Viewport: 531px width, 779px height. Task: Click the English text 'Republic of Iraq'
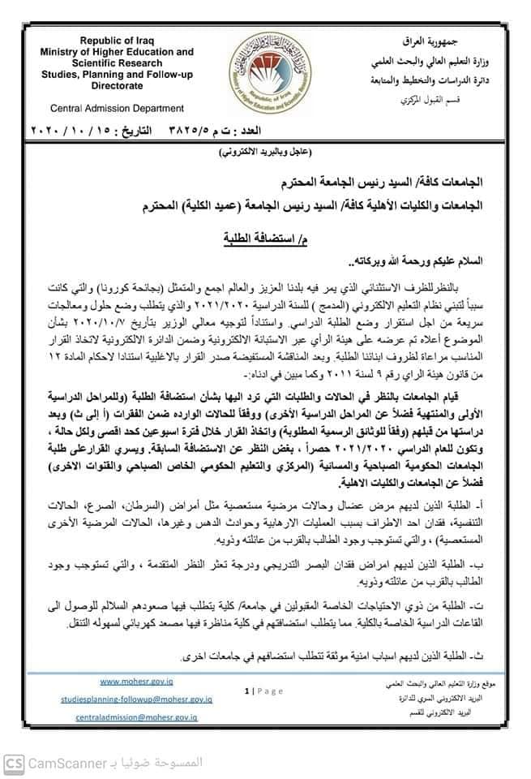116,40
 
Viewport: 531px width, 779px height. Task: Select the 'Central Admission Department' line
117,108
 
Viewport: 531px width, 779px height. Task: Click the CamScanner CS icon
14,763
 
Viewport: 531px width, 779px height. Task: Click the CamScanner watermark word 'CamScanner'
66,764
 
